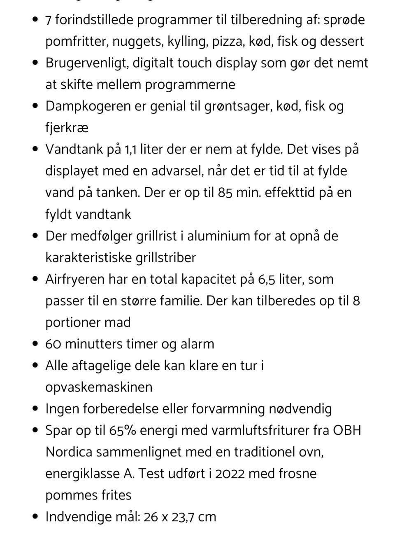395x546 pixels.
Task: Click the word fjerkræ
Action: point(67,128)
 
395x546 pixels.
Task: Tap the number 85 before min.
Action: point(225,193)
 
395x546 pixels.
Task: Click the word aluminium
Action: point(209,236)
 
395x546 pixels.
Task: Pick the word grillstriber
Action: point(165,258)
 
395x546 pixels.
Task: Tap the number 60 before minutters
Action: point(53,344)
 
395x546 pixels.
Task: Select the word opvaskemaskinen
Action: point(99,387)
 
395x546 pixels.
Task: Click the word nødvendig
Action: point(300,409)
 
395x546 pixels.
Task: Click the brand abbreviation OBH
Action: point(347,430)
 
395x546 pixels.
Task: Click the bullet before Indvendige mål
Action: point(36,516)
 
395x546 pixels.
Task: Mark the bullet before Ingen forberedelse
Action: point(36,409)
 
